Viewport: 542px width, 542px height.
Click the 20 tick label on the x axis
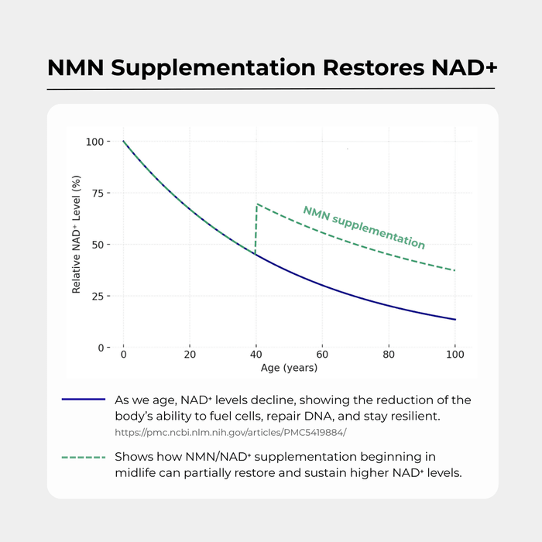189,355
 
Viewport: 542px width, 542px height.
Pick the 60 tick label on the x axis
322,355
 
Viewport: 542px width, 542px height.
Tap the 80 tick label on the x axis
389,355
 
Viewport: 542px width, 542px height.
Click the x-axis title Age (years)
289,368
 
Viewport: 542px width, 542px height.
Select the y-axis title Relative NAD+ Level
77,245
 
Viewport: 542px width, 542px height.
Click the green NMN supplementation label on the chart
363,227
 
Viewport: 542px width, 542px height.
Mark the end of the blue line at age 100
455,319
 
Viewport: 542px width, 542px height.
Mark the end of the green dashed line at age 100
455,270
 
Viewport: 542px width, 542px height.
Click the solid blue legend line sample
83,400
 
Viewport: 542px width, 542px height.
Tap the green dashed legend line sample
83,458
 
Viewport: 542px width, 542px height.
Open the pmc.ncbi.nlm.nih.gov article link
230,433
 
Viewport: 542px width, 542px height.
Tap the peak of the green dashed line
257,204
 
